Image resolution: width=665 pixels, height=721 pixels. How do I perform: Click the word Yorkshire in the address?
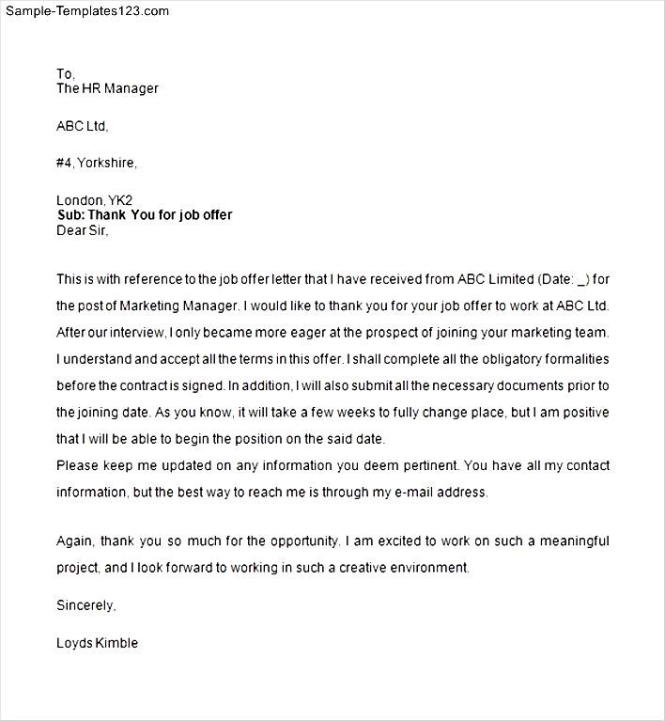click(106, 163)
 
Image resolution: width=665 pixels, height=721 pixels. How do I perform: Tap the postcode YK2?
click(121, 200)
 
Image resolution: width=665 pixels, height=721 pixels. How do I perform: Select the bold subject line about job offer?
click(144, 215)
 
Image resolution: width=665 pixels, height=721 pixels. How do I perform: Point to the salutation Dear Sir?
click(83, 230)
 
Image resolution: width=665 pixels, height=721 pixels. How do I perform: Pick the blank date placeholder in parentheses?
click(582, 279)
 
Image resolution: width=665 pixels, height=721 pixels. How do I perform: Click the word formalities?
click(573, 359)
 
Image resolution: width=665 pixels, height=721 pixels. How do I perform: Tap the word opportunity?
click(302, 541)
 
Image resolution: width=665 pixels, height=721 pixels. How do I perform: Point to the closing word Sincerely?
click(85, 605)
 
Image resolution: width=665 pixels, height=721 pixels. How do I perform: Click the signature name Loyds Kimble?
click(98, 644)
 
